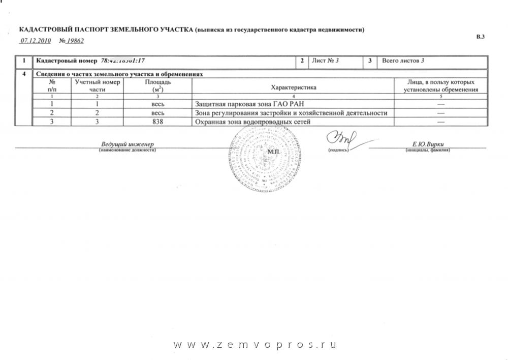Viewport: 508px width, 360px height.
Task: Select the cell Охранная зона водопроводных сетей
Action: pyautogui.click(x=252, y=122)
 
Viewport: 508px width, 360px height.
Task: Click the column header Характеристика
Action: pyautogui.click(x=294, y=87)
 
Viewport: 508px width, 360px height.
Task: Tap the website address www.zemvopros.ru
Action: pyautogui.click(x=255, y=345)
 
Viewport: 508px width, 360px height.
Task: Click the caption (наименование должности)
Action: pyautogui.click(x=127, y=150)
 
